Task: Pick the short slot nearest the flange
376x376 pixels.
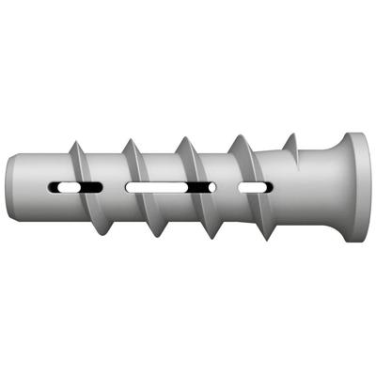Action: point(252,188)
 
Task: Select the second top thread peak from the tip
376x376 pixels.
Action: point(129,138)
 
